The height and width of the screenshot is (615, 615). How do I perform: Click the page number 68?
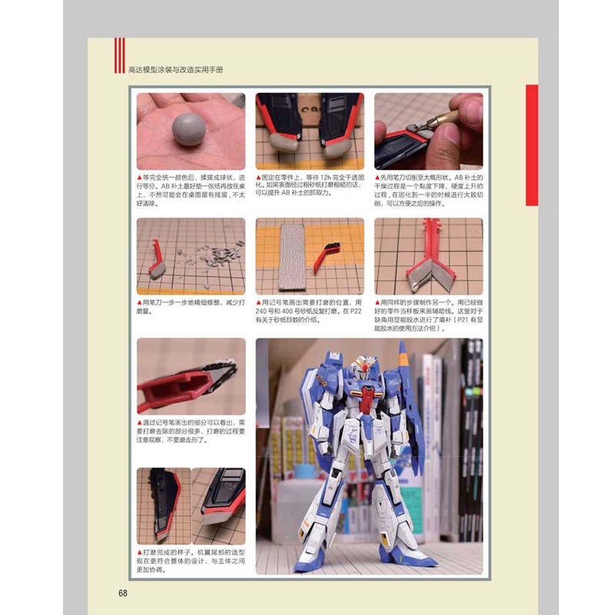click(x=123, y=592)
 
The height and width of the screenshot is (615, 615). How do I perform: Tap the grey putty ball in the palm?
click(x=189, y=126)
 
